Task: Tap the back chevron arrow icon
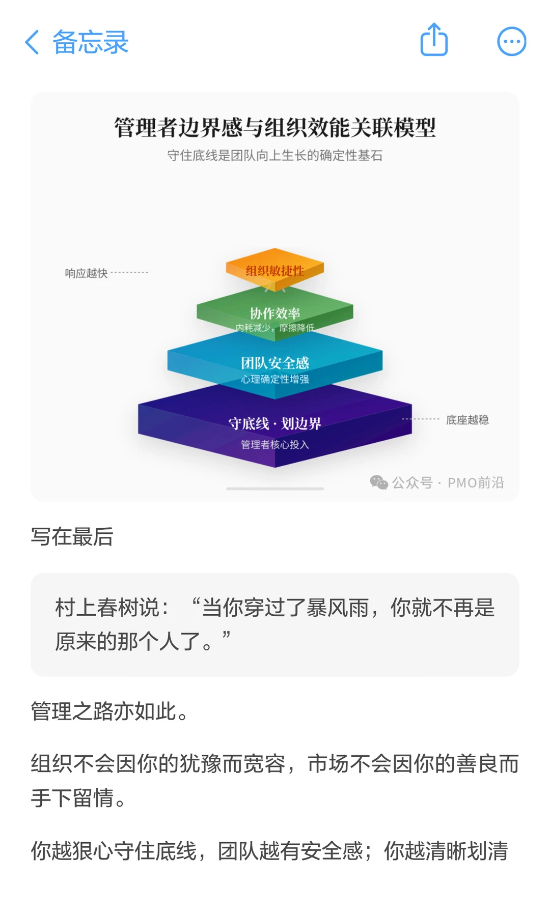pyautogui.click(x=32, y=42)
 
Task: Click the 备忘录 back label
pyautogui.click(x=90, y=42)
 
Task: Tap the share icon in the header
pyautogui.click(x=434, y=40)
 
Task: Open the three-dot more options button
pyautogui.click(x=511, y=41)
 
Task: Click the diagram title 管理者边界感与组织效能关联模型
pyautogui.click(x=275, y=127)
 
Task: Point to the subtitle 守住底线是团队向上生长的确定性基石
pyautogui.click(x=275, y=155)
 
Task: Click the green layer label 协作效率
pyautogui.click(x=275, y=312)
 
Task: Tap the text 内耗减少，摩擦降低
pyautogui.click(x=275, y=327)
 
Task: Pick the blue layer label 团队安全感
pyautogui.click(x=275, y=362)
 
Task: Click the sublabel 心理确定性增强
pyautogui.click(x=275, y=379)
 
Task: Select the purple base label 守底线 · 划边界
pyautogui.click(x=275, y=423)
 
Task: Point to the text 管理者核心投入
pyautogui.click(x=275, y=444)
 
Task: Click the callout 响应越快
pyautogui.click(x=86, y=273)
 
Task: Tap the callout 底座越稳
pyautogui.click(x=467, y=420)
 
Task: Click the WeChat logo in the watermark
pyautogui.click(x=379, y=482)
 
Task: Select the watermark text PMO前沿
pyautogui.click(x=476, y=482)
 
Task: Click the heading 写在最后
pyautogui.click(x=72, y=536)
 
